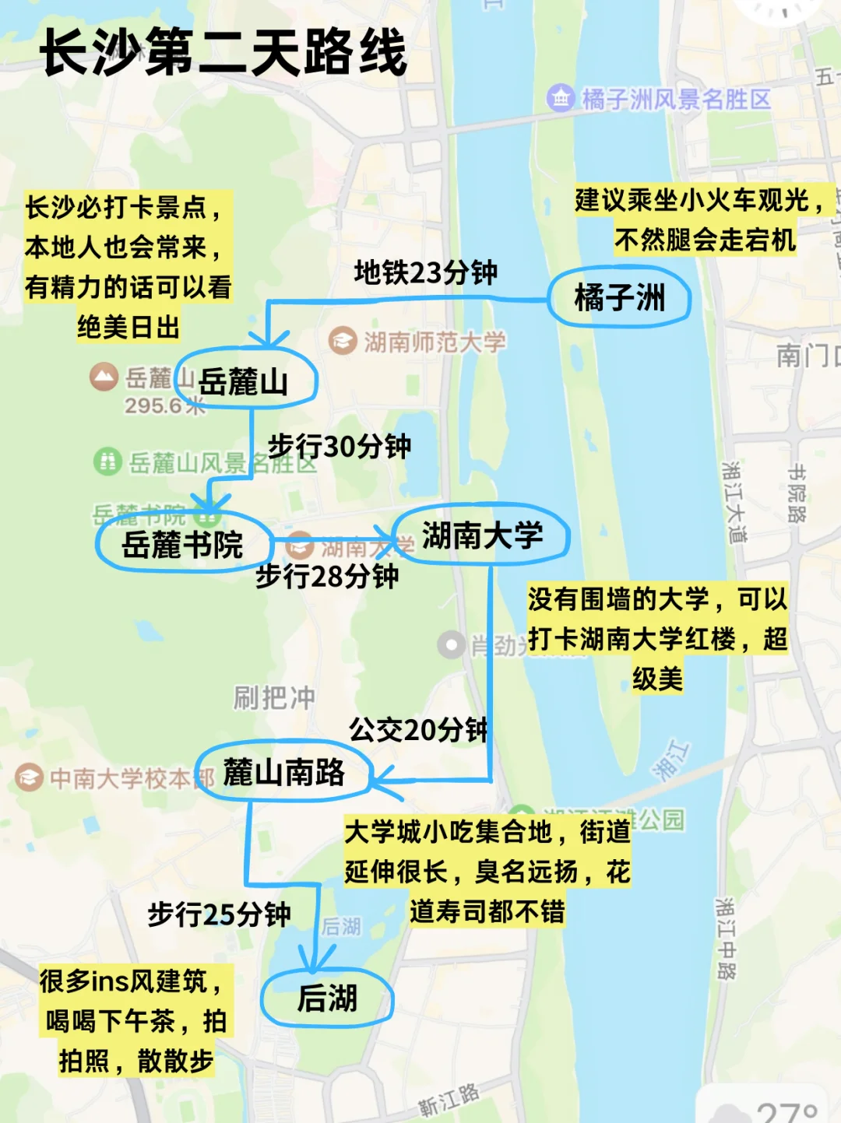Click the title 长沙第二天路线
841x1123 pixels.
point(224,52)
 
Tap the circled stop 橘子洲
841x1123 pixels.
point(619,297)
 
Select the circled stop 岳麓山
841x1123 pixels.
point(245,381)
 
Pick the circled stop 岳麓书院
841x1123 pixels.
point(183,544)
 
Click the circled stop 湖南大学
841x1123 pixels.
point(482,535)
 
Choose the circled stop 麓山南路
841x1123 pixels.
point(283,772)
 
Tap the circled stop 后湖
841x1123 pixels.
point(327,998)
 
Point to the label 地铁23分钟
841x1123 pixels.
point(425,272)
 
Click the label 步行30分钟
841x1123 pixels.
point(339,446)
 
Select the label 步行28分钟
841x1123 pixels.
point(327,576)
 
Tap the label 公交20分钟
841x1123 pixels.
point(418,729)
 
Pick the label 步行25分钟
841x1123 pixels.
point(219,914)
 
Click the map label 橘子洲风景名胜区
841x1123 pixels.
point(676,99)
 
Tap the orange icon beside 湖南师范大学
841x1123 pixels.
point(342,341)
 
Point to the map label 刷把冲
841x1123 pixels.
point(274,697)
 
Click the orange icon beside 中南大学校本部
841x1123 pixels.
point(30,777)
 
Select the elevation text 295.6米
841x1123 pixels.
point(164,405)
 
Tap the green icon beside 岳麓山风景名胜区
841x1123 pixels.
point(107,461)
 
